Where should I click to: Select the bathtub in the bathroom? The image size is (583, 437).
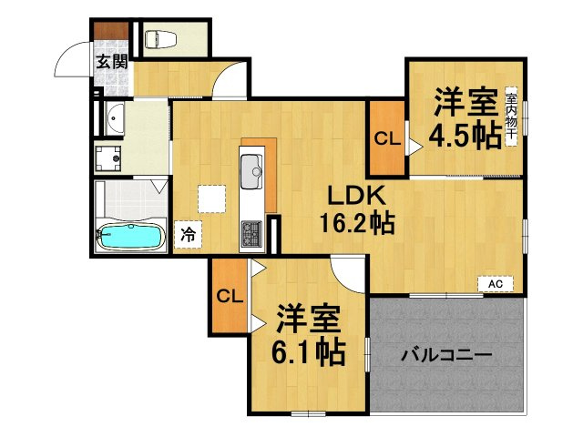click(x=130, y=236)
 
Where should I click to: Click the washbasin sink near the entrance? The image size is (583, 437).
click(x=115, y=118)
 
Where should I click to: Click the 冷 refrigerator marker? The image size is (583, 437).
click(x=188, y=233)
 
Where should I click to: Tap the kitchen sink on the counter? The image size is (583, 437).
click(x=251, y=168)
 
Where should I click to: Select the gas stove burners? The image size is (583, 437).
click(x=251, y=234)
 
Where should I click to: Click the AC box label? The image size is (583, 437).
click(x=496, y=285)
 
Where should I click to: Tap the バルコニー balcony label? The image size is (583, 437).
click(x=447, y=353)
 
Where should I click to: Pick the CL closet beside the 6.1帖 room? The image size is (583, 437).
click(x=229, y=295)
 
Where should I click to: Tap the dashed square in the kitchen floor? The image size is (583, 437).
click(x=212, y=198)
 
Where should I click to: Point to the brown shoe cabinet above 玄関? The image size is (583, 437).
click(x=113, y=36)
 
